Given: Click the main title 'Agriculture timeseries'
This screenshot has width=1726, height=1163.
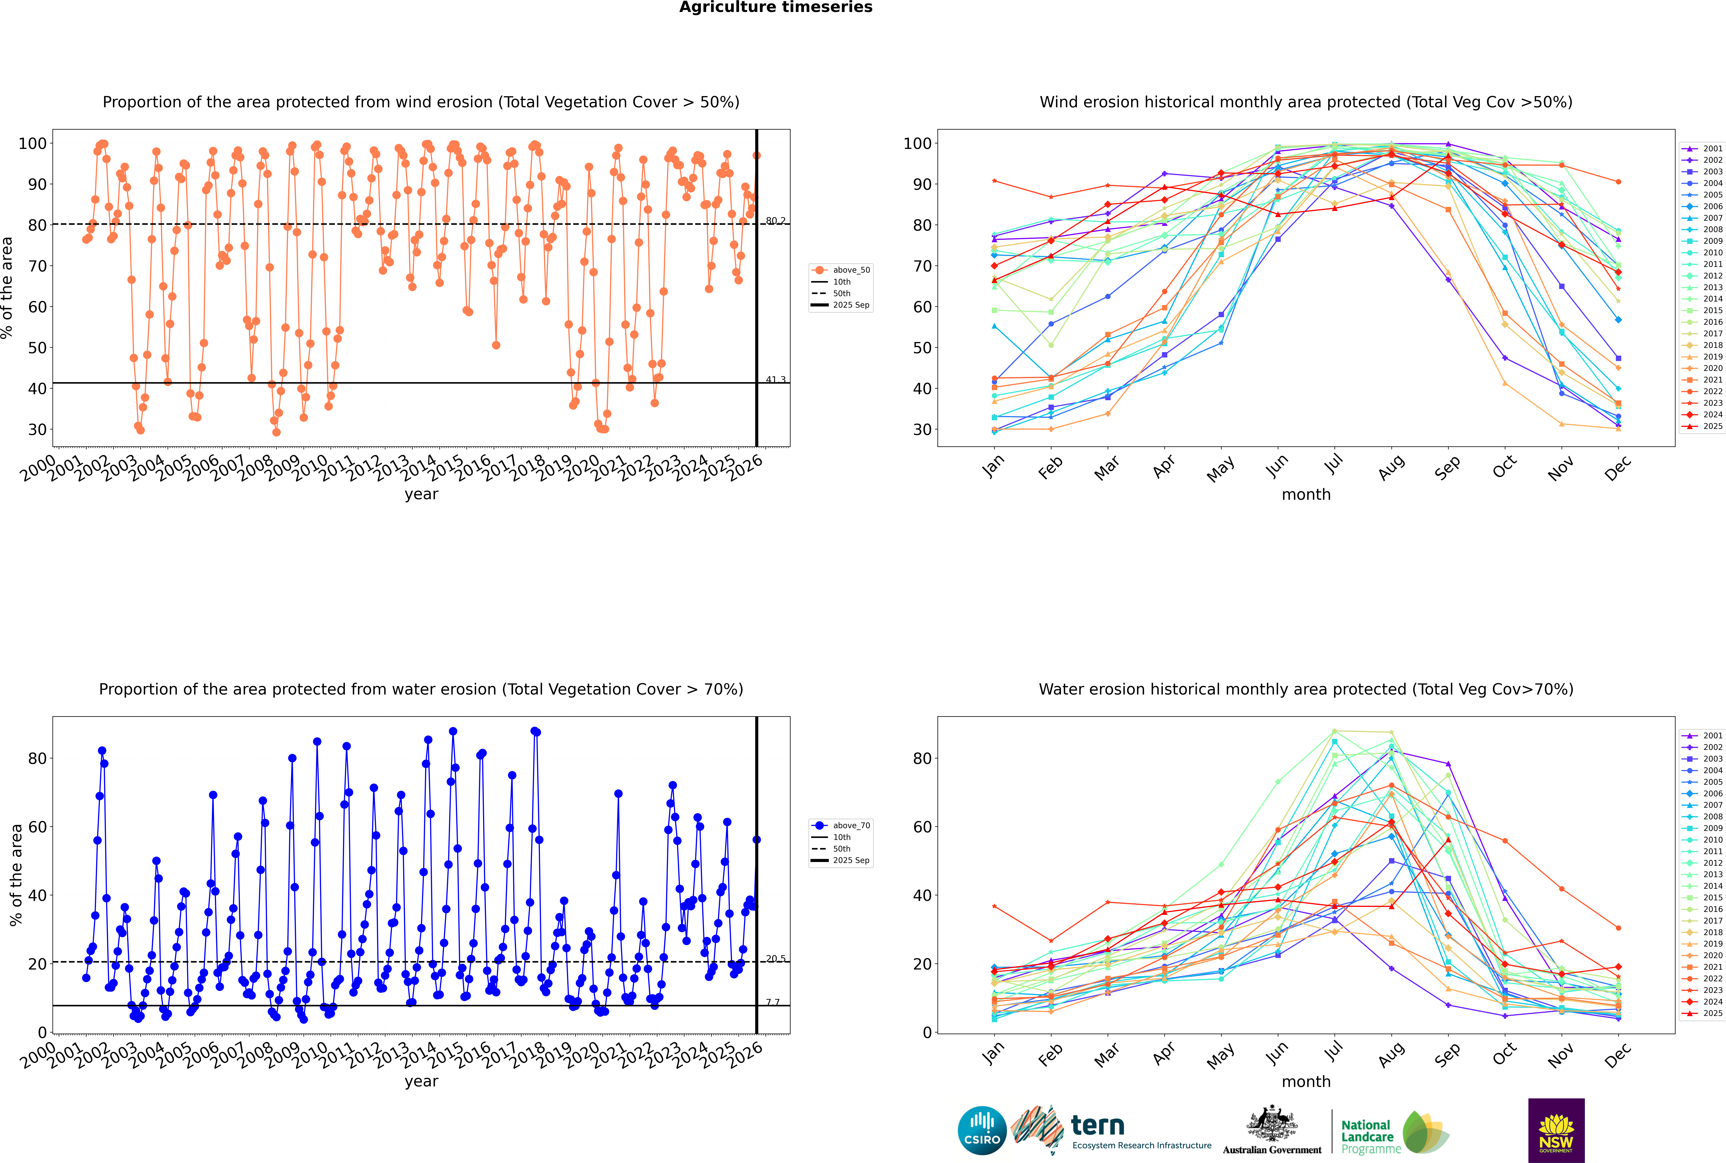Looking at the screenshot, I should (775, 7).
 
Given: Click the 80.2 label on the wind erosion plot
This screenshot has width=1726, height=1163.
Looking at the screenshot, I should (775, 221).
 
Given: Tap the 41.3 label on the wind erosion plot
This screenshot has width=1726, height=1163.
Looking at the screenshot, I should (775, 380).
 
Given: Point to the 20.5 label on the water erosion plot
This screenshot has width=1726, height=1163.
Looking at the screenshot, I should (775, 959).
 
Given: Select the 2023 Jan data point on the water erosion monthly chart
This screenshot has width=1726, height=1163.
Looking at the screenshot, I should (994, 906).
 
